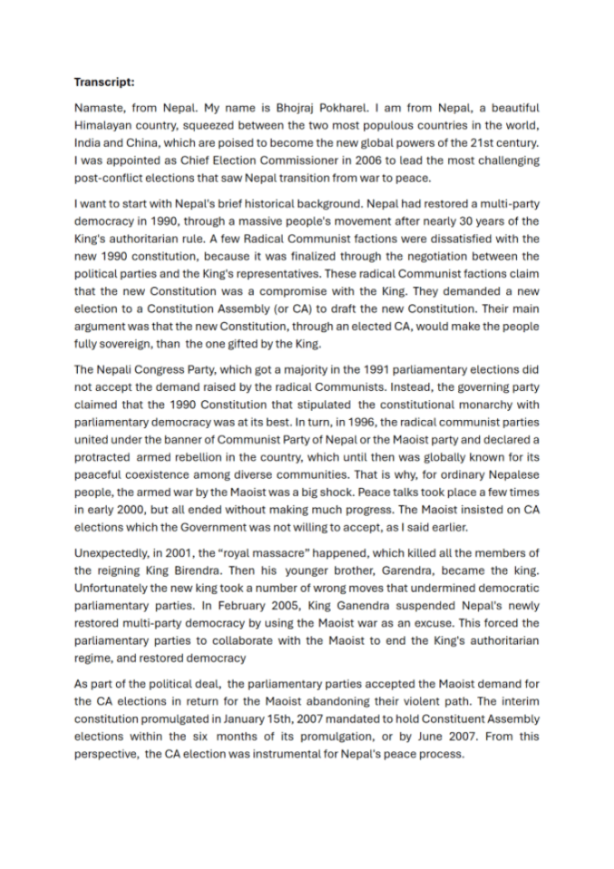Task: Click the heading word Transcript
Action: tap(103, 81)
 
